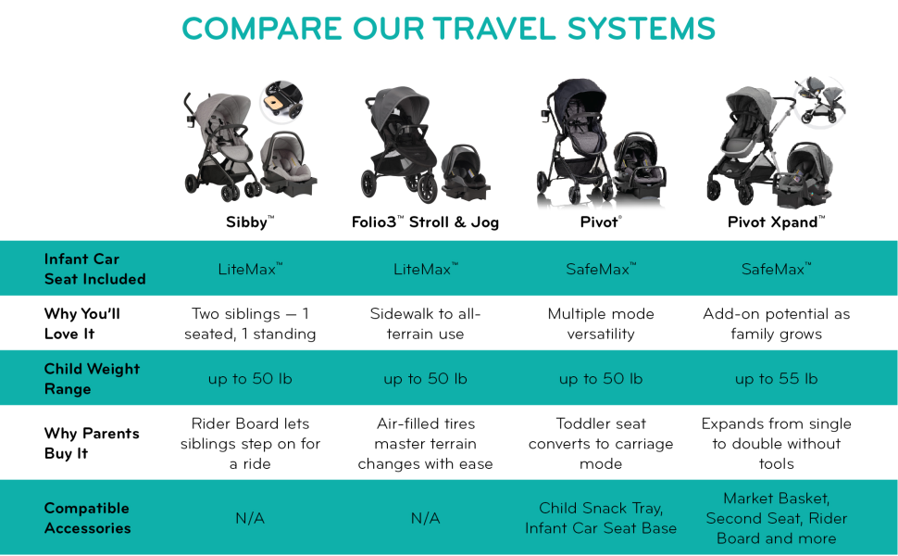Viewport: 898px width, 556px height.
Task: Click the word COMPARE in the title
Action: click(x=262, y=29)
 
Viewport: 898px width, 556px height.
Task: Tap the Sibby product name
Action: click(x=250, y=222)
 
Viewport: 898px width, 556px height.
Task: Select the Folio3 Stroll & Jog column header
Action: click(x=425, y=222)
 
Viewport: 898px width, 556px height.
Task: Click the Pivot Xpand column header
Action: click(x=776, y=222)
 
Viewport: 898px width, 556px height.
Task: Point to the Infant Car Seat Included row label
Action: click(x=94, y=269)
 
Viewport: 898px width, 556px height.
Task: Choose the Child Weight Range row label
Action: click(x=92, y=379)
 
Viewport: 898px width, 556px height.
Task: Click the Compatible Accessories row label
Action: click(x=87, y=518)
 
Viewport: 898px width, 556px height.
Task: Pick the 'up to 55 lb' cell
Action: click(x=776, y=379)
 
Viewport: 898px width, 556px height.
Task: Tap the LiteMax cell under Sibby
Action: click(x=250, y=269)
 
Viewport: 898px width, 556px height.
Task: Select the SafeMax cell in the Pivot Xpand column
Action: click(x=776, y=269)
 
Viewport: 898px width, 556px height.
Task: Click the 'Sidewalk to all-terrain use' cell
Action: click(x=425, y=323)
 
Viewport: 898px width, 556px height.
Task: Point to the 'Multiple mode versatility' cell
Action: click(x=601, y=323)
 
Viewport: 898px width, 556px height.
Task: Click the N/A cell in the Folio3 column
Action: click(x=425, y=519)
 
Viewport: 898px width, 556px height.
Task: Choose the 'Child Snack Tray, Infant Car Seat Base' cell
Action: click(x=601, y=518)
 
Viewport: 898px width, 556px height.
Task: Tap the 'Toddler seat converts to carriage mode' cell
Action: click(x=601, y=444)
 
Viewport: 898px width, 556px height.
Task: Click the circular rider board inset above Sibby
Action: click(x=281, y=101)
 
